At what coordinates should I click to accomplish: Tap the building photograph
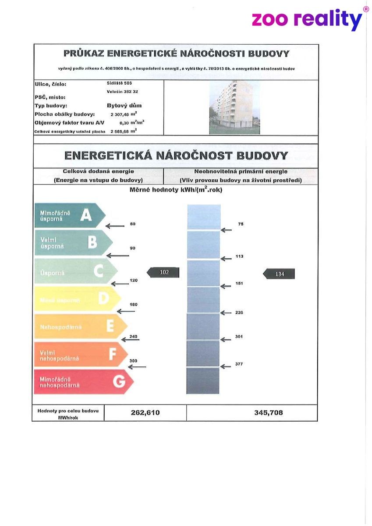(x=234, y=107)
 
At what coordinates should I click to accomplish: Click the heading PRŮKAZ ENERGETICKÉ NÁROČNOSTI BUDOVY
(x=176, y=54)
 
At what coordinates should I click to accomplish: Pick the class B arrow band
(x=72, y=242)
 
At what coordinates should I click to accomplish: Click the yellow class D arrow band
(x=77, y=299)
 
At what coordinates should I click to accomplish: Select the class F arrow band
(x=80, y=354)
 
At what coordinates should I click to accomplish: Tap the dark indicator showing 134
(x=280, y=274)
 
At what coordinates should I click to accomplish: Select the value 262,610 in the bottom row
(x=145, y=412)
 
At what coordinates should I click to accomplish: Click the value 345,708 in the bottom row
(x=269, y=412)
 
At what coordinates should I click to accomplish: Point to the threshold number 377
(x=239, y=364)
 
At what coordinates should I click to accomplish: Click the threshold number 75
(x=241, y=224)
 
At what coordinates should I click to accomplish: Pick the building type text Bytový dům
(x=124, y=106)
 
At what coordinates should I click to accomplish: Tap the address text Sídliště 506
(x=119, y=83)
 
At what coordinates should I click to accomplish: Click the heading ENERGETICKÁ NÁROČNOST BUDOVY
(x=176, y=156)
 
